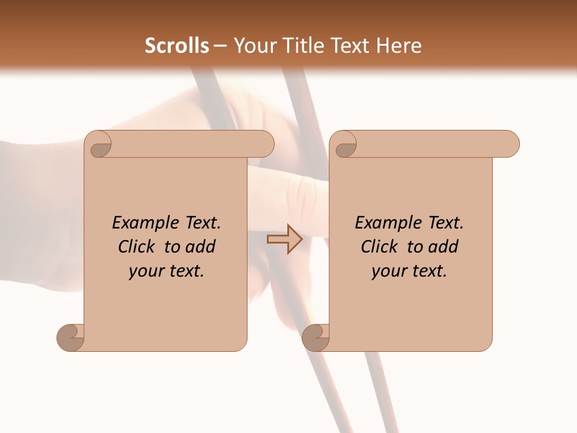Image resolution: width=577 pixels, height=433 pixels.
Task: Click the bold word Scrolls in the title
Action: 177,46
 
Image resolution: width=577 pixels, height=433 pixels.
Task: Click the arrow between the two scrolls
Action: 284,239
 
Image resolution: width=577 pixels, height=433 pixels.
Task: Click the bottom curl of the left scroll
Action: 70,337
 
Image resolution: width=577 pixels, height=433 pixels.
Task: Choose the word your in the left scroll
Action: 145,271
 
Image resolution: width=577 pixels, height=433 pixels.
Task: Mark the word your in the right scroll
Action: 388,271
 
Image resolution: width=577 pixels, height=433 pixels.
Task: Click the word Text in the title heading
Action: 352,46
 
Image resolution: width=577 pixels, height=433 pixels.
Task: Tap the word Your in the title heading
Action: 254,46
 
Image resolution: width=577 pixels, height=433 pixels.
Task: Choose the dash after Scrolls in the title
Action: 220,46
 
